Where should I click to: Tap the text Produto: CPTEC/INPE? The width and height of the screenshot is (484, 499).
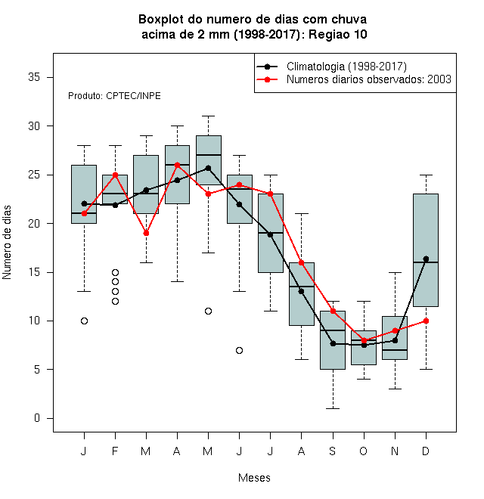pyautogui.click(x=114, y=96)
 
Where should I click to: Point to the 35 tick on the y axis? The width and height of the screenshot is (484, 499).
pyautogui.click(x=34, y=77)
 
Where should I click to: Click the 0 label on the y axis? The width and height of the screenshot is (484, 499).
pyautogui.click(x=37, y=418)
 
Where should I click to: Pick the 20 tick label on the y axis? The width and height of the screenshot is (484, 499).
pyautogui.click(x=34, y=223)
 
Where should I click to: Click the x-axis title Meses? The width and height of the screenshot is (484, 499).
pyautogui.click(x=254, y=478)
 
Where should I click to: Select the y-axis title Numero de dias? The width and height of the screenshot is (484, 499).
pyautogui.click(x=7, y=243)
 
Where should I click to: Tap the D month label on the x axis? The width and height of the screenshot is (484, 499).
pyautogui.click(x=426, y=451)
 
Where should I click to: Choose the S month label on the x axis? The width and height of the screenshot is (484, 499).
pyautogui.click(x=333, y=451)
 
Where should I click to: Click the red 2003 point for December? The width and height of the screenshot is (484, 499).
pyautogui.click(x=426, y=321)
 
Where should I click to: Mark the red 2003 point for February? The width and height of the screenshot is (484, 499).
pyautogui.click(x=115, y=175)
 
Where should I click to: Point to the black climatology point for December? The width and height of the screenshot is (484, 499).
pyautogui.click(x=426, y=259)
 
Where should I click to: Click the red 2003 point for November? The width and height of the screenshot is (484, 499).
pyautogui.click(x=396, y=330)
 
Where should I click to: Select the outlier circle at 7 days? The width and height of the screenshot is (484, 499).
pyautogui.click(x=240, y=350)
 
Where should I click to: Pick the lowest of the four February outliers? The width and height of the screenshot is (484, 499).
pyautogui.click(x=115, y=301)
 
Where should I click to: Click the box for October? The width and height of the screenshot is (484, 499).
pyautogui.click(x=364, y=348)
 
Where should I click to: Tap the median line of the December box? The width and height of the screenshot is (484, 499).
pyautogui.click(x=426, y=262)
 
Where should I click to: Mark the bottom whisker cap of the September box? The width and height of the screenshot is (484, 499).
pyautogui.click(x=333, y=408)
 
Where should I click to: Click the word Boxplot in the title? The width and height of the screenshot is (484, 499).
pyautogui.click(x=161, y=20)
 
